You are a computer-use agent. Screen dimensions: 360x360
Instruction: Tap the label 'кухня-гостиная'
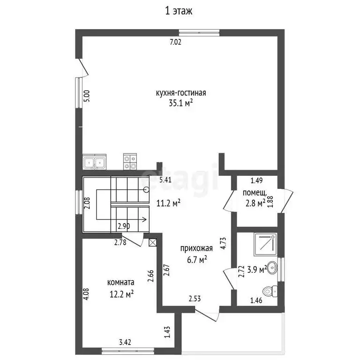point(181,93)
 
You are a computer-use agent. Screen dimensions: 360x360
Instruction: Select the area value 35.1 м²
point(181,104)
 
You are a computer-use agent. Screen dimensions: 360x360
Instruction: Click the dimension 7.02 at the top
point(175,42)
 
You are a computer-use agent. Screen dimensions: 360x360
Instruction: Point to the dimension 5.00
point(86,96)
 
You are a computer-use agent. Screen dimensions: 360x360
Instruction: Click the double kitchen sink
point(95,163)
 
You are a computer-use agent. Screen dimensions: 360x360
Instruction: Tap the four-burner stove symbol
point(130,162)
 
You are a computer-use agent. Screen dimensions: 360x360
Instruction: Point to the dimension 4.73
point(224,246)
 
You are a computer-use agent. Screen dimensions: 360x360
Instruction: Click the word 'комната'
point(121,283)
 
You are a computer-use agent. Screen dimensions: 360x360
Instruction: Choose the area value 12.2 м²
point(121,293)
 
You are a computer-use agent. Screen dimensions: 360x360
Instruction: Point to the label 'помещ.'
point(255,193)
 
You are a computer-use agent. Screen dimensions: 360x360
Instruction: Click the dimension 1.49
point(255,180)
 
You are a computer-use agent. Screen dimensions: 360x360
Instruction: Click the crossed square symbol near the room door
point(151,242)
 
